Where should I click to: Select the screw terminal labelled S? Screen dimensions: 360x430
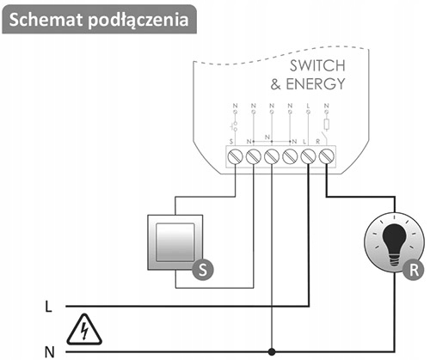coord(235,156)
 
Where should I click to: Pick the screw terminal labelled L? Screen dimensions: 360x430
coord(309,156)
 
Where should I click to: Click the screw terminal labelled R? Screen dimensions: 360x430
coord(327,156)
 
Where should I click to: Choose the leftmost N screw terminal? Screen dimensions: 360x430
coord(253,156)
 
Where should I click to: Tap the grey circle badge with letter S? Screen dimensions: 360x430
coord(203,269)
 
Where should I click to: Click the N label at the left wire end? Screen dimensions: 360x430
coord(48,351)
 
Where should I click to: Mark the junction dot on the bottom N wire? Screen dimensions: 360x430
coord(272,351)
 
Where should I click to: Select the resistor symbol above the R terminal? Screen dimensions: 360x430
coord(327,125)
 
